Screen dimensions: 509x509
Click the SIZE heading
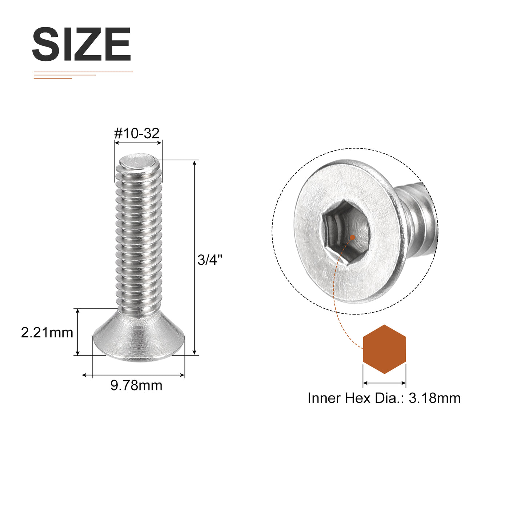point(81,44)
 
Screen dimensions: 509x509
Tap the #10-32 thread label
point(137,133)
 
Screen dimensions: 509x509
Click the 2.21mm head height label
point(47,333)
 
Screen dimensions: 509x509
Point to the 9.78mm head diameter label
point(136,385)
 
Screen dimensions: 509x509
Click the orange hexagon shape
point(384,349)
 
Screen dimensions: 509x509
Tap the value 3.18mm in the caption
point(434,398)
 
